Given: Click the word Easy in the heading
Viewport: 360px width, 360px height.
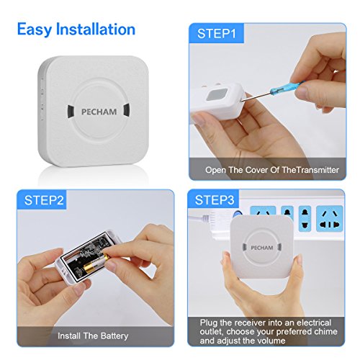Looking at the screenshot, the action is tap(35, 30).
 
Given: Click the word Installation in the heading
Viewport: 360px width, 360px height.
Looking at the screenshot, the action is tap(96, 29).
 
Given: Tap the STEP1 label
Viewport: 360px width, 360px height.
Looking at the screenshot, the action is tap(217, 33).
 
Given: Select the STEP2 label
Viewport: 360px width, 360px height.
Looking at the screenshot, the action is tap(44, 200).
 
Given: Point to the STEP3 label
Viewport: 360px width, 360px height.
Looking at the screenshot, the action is tap(215, 199).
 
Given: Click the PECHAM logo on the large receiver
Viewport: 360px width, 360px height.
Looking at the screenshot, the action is tap(99, 112).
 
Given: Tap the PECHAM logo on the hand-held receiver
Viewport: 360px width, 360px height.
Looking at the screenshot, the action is tap(262, 248).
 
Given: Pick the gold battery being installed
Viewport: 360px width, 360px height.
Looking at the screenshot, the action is tap(96, 264).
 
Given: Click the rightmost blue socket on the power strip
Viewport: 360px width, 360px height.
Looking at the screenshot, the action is tap(329, 219).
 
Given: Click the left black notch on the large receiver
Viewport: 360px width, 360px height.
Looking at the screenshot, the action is tap(71, 112).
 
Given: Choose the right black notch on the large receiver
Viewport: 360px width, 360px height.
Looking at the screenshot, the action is tap(127, 110).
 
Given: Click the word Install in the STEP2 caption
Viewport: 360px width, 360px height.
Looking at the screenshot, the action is tap(68, 336).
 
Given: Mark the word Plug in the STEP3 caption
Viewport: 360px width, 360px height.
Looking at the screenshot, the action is tap(209, 323).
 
